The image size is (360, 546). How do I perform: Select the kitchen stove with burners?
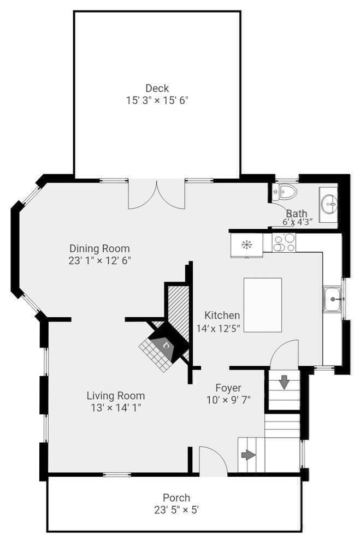click(284, 242)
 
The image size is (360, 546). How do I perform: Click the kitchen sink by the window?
click(333, 299)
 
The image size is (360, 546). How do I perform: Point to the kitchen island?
click(263, 305)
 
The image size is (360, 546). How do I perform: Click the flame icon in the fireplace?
click(167, 346)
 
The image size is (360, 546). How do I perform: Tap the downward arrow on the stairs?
click(285, 382)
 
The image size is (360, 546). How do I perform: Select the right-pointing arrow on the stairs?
click(248, 455)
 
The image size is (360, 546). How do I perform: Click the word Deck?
click(157, 88)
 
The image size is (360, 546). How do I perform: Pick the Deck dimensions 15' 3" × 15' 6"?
click(157, 100)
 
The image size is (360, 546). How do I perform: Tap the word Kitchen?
click(222, 315)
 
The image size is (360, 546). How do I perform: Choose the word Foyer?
click(228, 388)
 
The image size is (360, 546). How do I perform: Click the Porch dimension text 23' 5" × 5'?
click(176, 510)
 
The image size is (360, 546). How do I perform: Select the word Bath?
click(297, 213)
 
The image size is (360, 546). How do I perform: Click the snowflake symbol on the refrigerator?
click(247, 245)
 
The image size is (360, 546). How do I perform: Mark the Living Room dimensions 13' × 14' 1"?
click(116, 408)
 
